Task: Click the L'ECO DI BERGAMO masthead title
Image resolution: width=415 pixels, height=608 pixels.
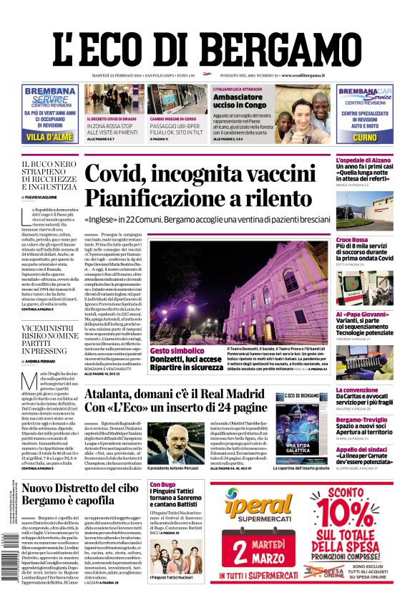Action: pos(207,40)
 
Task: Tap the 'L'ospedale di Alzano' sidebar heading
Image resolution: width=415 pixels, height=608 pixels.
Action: pos(366,160)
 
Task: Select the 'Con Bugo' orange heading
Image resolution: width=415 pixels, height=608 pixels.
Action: pos(162,485)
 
